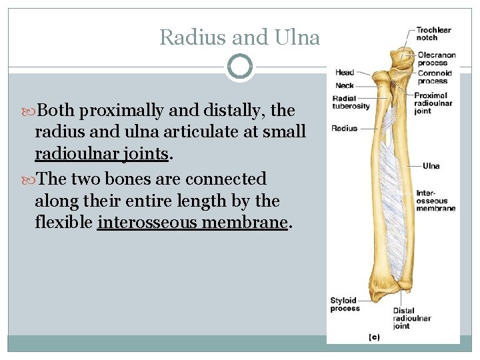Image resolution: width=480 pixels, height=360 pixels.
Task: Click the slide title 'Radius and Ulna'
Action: coord(239,37)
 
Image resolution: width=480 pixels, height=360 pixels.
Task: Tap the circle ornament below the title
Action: coord(239,67)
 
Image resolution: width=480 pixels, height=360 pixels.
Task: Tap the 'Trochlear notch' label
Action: coord(433,33)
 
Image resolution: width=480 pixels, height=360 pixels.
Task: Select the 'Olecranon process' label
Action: coord(437,59)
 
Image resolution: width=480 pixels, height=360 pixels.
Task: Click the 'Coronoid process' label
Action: coord(434,77)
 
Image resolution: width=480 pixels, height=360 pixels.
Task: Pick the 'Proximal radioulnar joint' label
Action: coord(433,103)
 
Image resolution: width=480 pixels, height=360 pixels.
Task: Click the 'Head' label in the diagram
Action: coord(345,73)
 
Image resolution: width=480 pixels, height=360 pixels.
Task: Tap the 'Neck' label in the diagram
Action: coord(345,85)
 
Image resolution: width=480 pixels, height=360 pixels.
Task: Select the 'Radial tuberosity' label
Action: coord(351,103)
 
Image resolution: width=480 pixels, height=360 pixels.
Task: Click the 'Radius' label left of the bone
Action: coord(344,128)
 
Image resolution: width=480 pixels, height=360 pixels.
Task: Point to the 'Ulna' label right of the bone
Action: coord(431,166)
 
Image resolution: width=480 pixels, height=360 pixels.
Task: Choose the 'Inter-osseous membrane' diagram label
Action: coord(435,201)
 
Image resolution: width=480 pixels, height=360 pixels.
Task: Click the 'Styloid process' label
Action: coord(345,304)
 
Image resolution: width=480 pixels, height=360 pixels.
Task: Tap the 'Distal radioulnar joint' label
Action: coord(412,318)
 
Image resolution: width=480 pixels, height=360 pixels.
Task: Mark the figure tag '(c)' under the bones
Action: coord(375,337)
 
